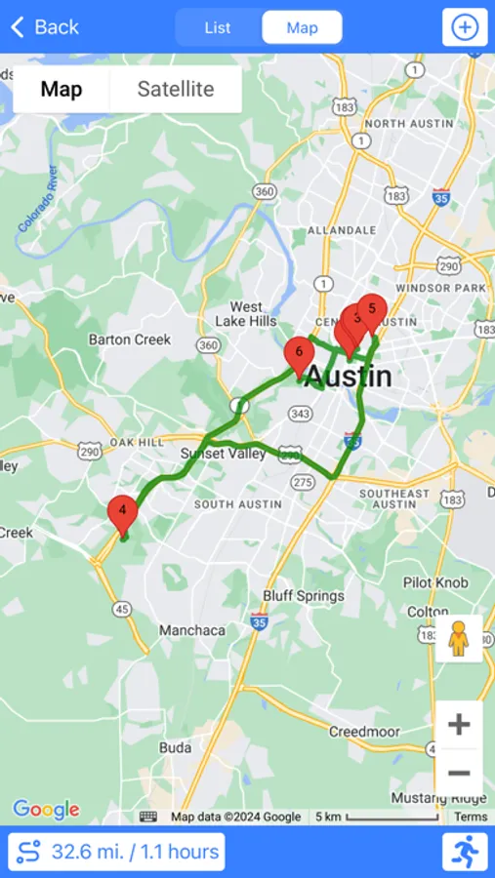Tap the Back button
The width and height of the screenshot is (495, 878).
coord(45,27)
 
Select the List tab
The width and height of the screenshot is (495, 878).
coord(218,27)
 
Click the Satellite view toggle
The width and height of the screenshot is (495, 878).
coord(176,90)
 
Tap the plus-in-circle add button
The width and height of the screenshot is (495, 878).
coord(465,27)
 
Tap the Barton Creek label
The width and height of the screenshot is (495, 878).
coord(130,339)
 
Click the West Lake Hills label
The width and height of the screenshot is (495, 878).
coord(247,314)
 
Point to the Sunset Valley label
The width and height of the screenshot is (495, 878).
coord(224,454)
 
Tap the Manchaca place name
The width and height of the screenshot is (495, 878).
coord(192,630)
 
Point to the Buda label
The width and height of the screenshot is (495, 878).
coord(175,747)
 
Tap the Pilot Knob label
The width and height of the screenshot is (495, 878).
coord(436,582)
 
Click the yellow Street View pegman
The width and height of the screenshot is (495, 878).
coord(459,638)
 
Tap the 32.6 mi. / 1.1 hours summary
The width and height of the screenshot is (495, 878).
coord(116,852)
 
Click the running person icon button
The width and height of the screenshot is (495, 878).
coord(465,852)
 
